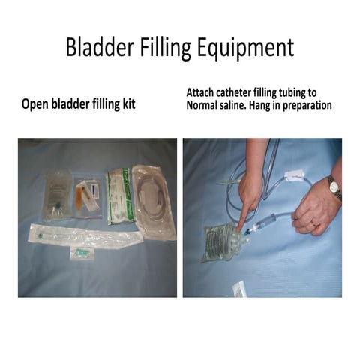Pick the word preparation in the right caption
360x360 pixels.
click(x=313, y=105)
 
